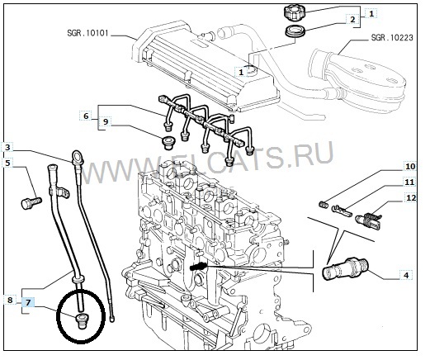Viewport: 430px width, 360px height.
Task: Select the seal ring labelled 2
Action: [295, 31]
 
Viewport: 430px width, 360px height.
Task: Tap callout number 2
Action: [352, 20]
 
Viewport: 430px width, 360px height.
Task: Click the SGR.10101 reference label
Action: [87, 33]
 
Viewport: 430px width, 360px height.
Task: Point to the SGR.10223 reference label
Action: [392, 37]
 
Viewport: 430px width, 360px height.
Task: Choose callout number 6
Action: [86, 116]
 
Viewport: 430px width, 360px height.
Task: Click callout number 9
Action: [106, 121]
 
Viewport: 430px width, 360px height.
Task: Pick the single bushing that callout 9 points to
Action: [168, 143]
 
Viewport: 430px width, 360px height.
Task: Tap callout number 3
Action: [7, 148]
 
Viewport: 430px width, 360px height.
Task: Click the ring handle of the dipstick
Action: [77, 156]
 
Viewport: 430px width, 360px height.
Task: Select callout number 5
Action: [7, 163]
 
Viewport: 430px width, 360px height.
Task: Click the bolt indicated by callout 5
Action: [31, 203]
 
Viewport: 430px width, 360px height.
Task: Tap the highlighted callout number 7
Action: [28, 303]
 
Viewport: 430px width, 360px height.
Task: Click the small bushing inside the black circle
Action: [81, 320]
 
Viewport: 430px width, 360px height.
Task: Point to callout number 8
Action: [10, 300]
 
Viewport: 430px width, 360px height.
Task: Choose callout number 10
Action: [410, 166]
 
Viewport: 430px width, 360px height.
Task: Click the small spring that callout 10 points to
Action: [325, 205]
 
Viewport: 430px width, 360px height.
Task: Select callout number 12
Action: [411, 198]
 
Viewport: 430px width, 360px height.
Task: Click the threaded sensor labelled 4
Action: [345, 269]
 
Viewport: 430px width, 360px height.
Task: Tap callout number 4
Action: [406, 275]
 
